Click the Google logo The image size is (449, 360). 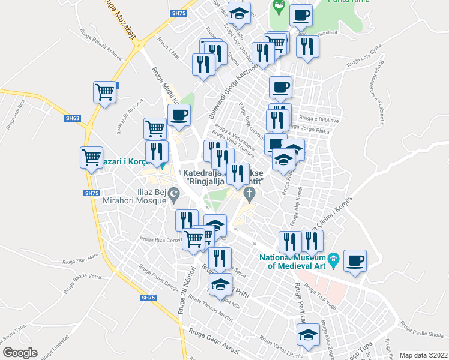pyautogui.click(x=20, y=352)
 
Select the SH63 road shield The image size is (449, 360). pyautogui.click(x=73, y=118)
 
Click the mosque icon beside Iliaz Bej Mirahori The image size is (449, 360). pyautogui.click(x=175, y=193)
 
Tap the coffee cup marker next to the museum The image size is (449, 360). pyautogui.click(x=355, y=261)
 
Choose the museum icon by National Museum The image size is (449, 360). pyautogui.click(x=334, y=259)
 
